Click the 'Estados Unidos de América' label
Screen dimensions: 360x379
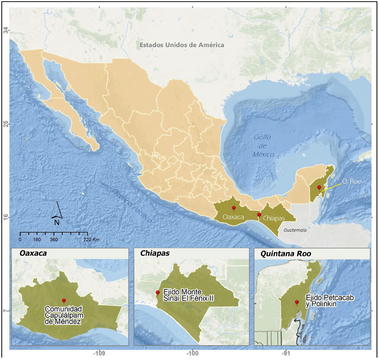point(182,45)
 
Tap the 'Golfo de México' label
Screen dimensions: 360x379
point(264,146)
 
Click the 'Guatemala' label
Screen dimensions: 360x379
point(295,230)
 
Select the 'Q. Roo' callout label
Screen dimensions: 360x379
point(351,181)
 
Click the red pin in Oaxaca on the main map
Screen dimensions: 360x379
point(234,208)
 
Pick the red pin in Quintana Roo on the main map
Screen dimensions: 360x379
point(319,187)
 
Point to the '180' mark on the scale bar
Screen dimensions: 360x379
point(37,240)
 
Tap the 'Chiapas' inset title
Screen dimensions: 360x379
point(153,253)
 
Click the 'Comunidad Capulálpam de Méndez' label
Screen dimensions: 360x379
point(63,315)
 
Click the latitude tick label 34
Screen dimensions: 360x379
point(6,30)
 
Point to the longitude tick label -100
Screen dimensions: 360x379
point(193,353)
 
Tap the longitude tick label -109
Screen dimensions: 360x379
point(99,353)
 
